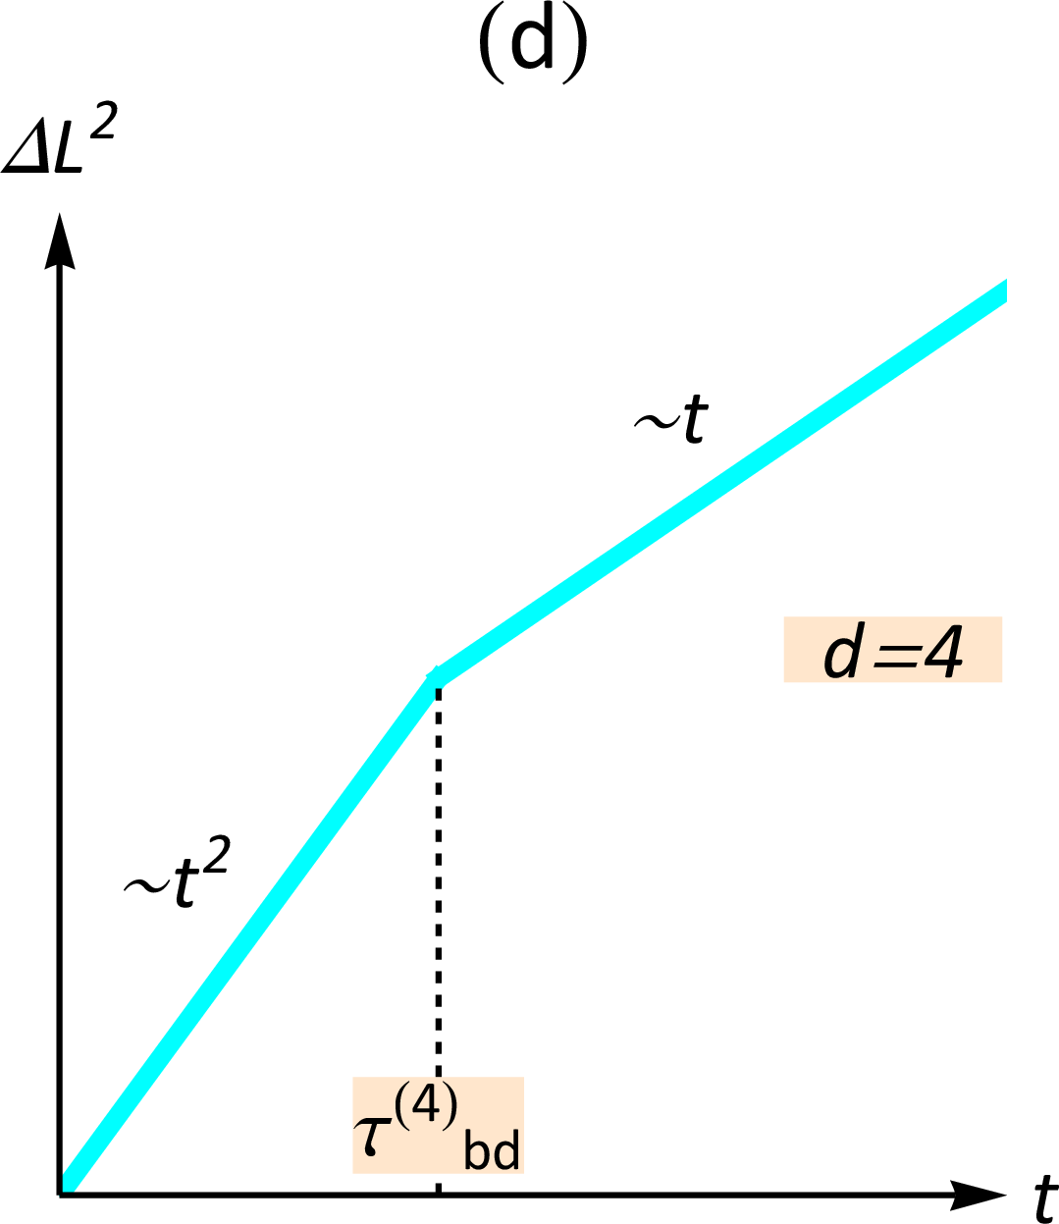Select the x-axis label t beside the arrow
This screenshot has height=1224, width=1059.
tap(1044, 1198)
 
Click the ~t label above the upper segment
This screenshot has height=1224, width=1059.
tap(671, 422)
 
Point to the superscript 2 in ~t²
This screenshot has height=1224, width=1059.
tap(215, 861)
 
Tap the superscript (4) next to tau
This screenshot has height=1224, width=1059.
tap(426, 1108)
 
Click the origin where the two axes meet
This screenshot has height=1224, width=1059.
tap(61, 1194)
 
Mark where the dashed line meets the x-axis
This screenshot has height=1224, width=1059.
tap(438, 1194)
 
